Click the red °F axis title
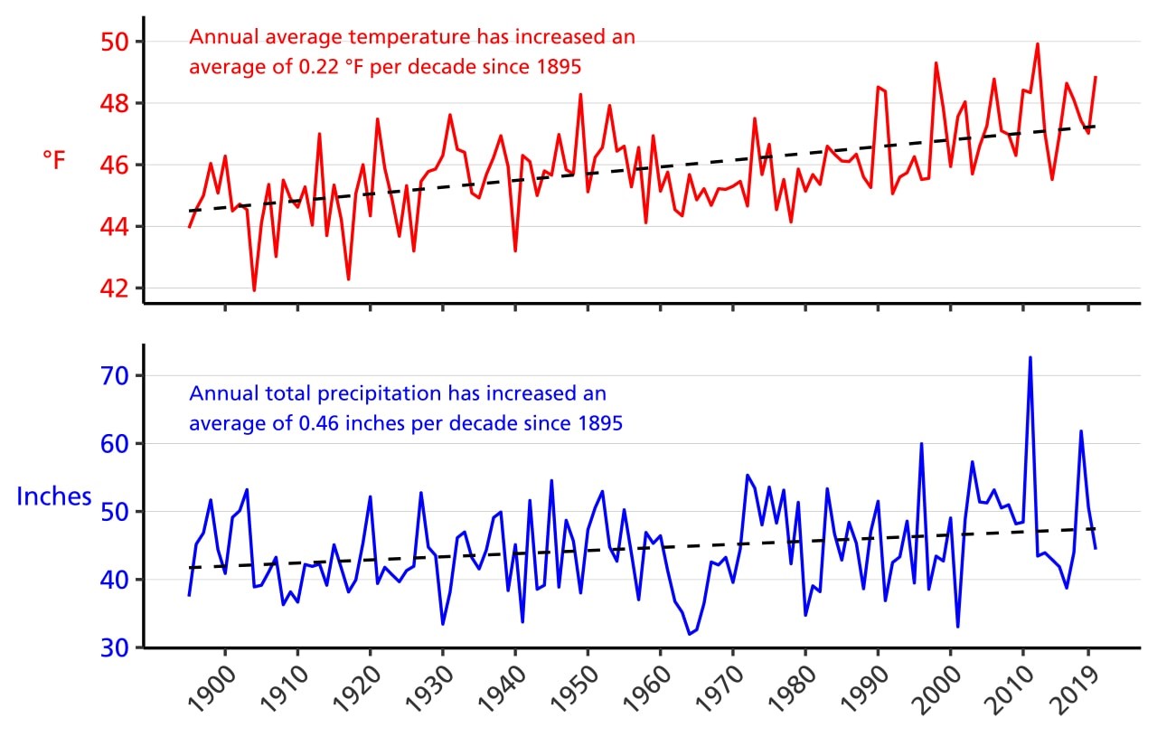54,161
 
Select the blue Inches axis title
54,496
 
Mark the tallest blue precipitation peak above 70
1030,358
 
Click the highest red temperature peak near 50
1037,44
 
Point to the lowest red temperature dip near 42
254,289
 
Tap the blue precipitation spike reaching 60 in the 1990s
921,444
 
